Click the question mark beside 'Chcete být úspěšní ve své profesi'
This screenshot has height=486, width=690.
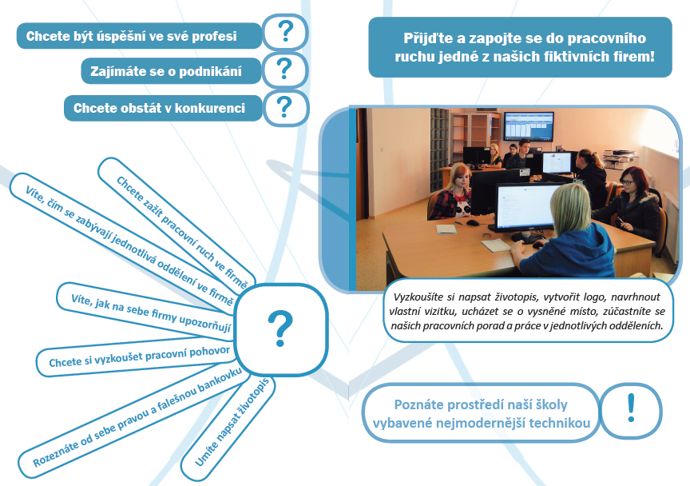(x=286, y=31)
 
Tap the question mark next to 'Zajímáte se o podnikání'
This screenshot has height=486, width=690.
(x=284, y=69)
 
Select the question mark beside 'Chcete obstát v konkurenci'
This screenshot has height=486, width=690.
(x=284, y=106)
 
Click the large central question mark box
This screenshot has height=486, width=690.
(x=281, y=329)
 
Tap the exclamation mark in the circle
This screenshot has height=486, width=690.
(x=632, y=408)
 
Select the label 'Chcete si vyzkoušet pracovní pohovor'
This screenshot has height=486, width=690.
(x=140, y=357)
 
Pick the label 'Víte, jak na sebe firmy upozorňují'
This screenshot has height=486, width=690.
(x=151, y=313)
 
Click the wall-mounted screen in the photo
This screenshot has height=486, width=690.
(x=529, y=125)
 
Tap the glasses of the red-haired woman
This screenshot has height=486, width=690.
(x=627, y=181)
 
